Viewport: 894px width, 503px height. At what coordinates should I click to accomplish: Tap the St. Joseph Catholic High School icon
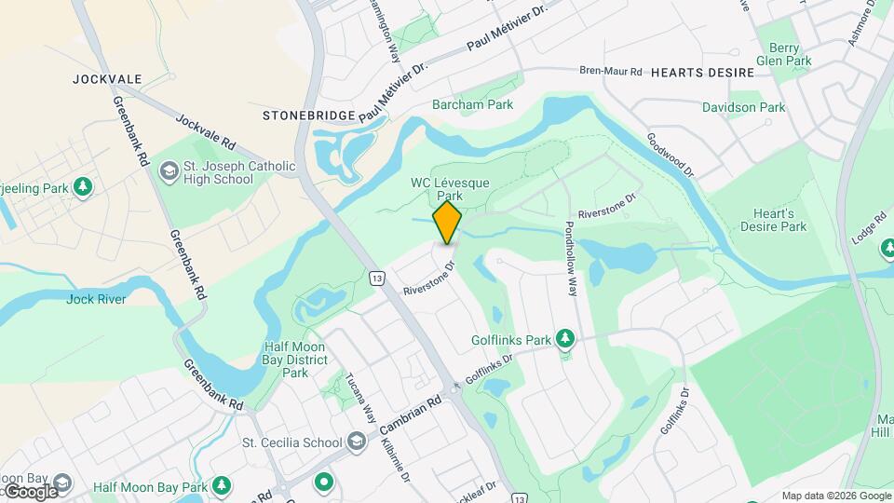[169, 171]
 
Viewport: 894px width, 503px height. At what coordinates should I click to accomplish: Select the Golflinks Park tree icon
[564, 339]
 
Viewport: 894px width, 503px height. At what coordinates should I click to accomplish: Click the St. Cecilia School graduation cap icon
[357, 442]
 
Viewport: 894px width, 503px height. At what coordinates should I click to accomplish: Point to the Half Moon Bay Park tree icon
[222, 486]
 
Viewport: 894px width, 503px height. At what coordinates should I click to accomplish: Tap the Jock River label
[96, 299]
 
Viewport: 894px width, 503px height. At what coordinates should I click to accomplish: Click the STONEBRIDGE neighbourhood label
[309, 116]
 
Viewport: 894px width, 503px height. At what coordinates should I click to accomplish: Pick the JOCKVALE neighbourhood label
[107, 79]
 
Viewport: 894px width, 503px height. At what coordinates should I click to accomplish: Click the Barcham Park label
[473, 105]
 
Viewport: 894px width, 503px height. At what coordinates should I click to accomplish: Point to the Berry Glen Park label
[784, 53]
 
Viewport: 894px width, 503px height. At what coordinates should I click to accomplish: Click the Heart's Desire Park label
[773, 219]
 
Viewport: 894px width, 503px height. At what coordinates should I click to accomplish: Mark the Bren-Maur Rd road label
[611, 72]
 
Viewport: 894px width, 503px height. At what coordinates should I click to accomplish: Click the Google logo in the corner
[30, 491]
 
